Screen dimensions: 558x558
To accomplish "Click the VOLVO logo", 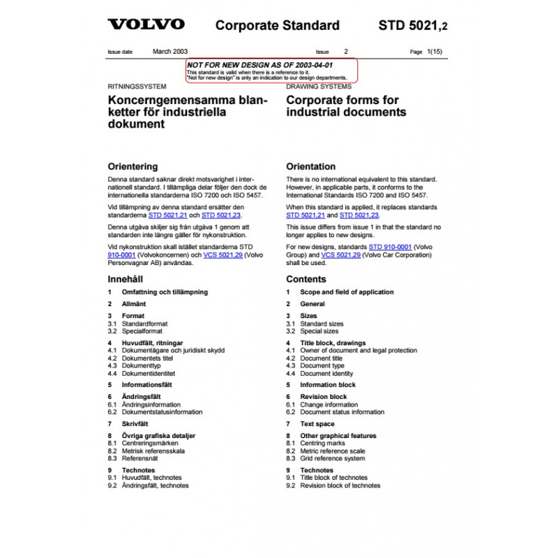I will (x=146, y=25).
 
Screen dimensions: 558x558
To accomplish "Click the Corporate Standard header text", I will (x=277, y=26).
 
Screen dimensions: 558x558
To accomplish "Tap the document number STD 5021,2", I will (x=413, y=26).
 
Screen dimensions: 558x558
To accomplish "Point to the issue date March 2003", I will (x=169, y=52).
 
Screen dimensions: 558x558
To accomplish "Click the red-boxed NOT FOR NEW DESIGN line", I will (x=259, y=65).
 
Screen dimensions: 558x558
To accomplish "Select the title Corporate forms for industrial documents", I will (x=346, y=106).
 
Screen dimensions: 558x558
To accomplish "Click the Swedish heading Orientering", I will (x=133, y=167).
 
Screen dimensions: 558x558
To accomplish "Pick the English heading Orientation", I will (x=311, y=167).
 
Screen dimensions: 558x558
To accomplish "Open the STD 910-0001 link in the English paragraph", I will (x=391, y=248).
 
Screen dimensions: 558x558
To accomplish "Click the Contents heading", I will (x=306, y=279).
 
